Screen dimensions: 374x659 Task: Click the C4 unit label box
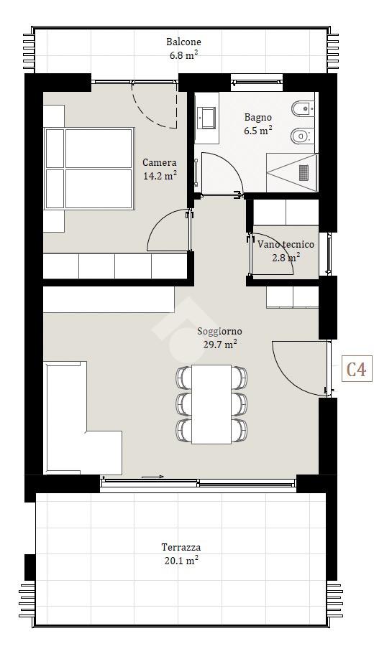(x=357, y=368)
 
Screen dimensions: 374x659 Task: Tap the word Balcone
(x=183, y=42)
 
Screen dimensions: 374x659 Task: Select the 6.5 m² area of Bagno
(x=257, y=130)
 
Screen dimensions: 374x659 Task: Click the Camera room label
(x=160, y=163)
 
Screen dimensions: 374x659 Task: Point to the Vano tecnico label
(x=286, y=244)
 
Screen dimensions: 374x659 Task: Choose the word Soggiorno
(x=220, y=332)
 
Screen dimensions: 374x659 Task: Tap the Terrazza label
(x=181, y=547)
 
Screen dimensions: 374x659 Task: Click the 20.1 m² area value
(x=181, y=560)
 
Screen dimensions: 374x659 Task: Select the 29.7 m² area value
(x=219, y=344)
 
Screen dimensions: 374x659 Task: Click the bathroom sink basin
(x=208, y=118)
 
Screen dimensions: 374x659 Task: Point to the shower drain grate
(x=304, y=172)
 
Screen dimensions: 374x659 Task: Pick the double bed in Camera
(x=89, y=169)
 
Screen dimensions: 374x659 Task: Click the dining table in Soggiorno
(x=211, y=404)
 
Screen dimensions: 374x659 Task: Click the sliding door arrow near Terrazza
(x=152, y=477)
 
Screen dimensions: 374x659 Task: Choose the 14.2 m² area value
(x=160, y=175)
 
